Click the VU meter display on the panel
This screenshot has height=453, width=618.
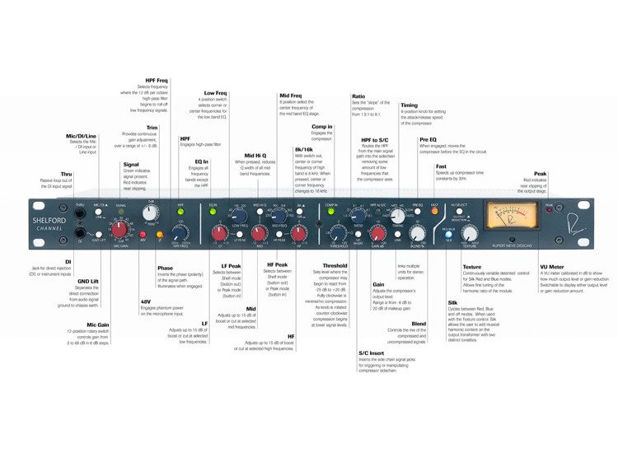click(x=513, y=219)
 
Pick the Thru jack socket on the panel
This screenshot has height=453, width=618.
click(x=80, y=216)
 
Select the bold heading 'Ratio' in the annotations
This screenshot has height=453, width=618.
click(x=359, y=96)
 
